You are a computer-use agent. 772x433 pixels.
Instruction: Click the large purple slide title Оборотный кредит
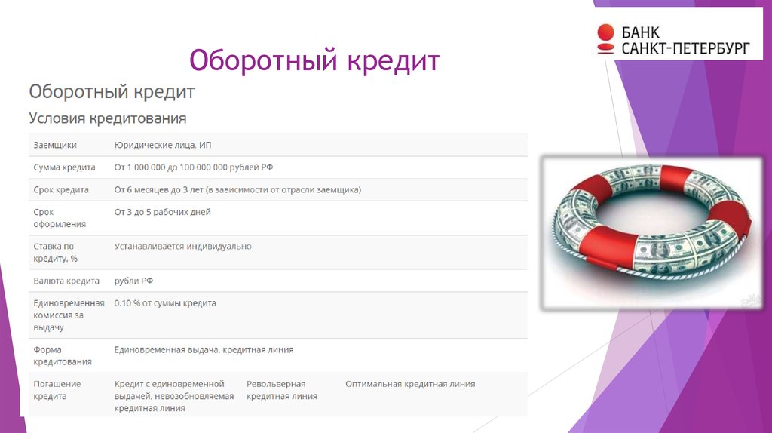[x=314, y=60]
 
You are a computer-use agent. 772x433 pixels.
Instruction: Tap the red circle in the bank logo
[x=605, y=32]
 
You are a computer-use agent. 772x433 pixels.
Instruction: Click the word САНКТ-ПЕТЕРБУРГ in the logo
[x=685, y=48]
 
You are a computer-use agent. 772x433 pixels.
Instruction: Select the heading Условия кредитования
[x=107, y=118]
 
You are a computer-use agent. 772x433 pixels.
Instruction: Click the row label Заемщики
[x=55, y=145]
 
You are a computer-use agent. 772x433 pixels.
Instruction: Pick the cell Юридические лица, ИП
[x=168, y=145]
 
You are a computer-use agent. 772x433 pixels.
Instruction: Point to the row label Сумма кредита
[x=64, y=167]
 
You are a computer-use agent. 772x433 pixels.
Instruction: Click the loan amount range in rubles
[x=199, y=167]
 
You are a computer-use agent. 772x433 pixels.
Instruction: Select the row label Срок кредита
[x=61, y=190]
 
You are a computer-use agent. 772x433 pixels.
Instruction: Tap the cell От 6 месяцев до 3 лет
[x=237, y=190]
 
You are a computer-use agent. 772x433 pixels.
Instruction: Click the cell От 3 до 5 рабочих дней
[x=162, y=213]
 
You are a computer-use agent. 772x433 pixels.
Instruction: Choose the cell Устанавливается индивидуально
[x=183, y=247]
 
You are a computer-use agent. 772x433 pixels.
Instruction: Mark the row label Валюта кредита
[x=66, y=281]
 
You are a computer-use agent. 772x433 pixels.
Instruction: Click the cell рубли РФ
[x=133, y=281]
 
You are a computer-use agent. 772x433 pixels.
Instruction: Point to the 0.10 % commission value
[x=165, y=303]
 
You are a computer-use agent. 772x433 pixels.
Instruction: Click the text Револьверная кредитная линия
[x=281, y=390]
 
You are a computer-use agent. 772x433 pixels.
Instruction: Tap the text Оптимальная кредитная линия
[x=410, y=384]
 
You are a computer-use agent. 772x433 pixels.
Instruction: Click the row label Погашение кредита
[x=57, y=390]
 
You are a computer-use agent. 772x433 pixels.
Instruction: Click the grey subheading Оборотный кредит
[x=112, y=92]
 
